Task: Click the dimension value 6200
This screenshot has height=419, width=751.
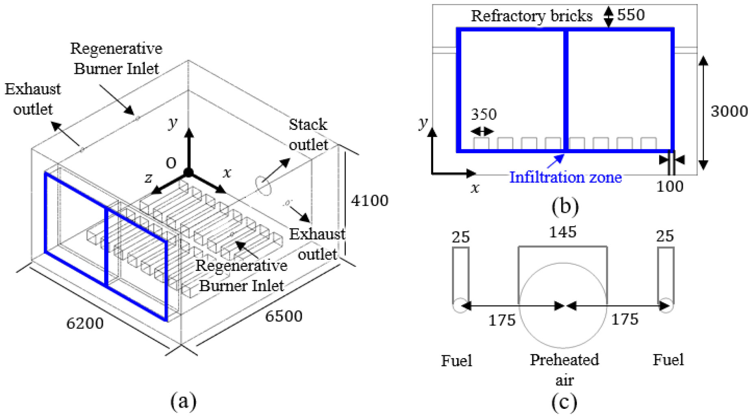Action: tap(85, 324)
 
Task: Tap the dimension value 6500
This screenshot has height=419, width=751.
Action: tap(284, 316)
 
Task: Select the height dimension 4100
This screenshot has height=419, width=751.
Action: tap(370, 201)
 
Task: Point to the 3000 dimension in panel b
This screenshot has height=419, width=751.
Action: tap(729, 111)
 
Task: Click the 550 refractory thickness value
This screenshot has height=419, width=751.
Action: tap(631, 15)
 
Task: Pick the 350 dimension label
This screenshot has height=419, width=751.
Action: tap(484, 114)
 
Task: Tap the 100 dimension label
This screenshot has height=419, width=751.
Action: tap(670, 186)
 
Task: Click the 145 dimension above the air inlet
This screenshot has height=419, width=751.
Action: tap(563, 232)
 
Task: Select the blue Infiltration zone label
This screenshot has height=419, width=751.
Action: tap(566, 177)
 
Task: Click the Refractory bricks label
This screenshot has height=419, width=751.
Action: tap(532, 16)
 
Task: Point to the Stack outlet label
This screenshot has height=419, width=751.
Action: tap(308, 134)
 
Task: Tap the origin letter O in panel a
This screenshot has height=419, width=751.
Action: tap(171, 163)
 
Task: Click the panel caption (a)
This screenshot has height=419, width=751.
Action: tap(183, 401)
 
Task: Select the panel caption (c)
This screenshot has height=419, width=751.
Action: tap(564, 402)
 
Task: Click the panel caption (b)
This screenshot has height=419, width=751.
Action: tap(565, 206)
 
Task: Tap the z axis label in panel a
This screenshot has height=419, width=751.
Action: tap(149, 177)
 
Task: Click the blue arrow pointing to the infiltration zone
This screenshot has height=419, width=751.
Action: tap(556, 161)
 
